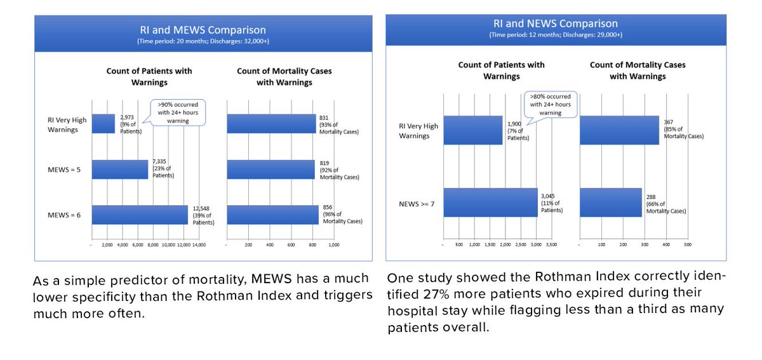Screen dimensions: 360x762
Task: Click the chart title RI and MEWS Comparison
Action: coord(203,30)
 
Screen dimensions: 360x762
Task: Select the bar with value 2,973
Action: coord(104,123)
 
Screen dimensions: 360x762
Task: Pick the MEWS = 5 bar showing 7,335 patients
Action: coord(120,170)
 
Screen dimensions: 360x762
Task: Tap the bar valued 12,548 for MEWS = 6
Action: coord(140,215)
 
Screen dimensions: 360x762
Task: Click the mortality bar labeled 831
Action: coord(271,123)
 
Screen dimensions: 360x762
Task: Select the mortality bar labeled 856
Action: coord(272,215)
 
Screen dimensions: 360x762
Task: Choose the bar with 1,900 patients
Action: coord(473,130)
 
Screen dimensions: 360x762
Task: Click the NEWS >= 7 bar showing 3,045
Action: coord(490,203)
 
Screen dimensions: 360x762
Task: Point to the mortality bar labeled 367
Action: coord(619,130)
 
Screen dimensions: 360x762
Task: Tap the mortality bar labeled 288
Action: coord(611,203)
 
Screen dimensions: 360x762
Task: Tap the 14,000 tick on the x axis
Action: coord(199,244)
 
